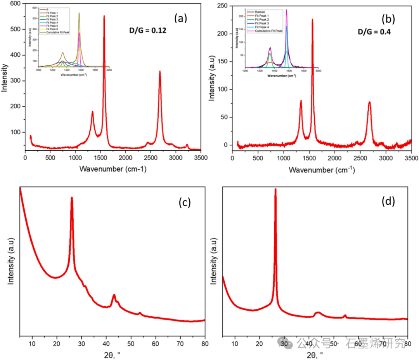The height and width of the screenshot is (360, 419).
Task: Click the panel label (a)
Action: [182, 18]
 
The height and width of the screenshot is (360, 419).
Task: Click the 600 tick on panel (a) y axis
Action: [16, 4]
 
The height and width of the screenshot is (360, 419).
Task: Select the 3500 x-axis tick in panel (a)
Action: [200, 158]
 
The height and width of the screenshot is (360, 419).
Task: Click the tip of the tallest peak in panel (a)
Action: [104, 16]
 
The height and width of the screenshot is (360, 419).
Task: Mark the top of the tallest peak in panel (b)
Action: [312, 19]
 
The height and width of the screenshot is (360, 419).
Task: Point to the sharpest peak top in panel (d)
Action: [275, 189]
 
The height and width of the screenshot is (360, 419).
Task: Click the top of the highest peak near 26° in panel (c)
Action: [72, 198]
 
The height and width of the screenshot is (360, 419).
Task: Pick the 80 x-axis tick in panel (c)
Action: [205, 344]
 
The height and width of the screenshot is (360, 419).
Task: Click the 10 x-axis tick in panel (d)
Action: [235, 344]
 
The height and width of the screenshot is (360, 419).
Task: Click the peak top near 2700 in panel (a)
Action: [160, 71]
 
